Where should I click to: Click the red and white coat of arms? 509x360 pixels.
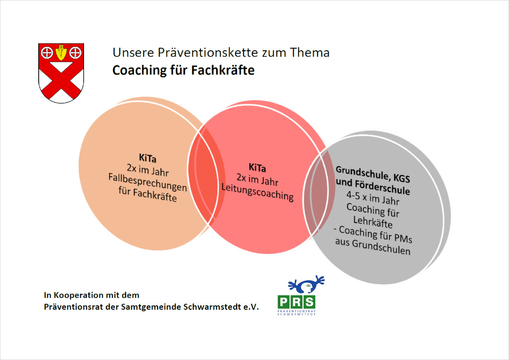(x=61, y=73)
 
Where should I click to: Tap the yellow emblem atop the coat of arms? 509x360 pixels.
(x=61, y=52)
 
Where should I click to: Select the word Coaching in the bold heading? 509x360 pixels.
(x=139, y=71)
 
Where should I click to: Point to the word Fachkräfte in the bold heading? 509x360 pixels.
(x=223, y=70)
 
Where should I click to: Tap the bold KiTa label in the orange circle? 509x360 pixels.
(x=148, y=158)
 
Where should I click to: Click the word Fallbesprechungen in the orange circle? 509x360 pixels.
(x=148, y=182)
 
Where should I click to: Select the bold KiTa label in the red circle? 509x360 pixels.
(x=257, y=168)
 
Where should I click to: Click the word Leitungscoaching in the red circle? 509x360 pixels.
(x=257, y=191)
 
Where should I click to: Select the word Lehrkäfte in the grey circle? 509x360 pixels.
(x=373, y=222)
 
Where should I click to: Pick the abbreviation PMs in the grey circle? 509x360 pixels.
(x=403, y=239)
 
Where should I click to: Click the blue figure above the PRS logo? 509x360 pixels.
(x=306, y=284)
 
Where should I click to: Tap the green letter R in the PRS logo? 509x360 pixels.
(x=296, y=302)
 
